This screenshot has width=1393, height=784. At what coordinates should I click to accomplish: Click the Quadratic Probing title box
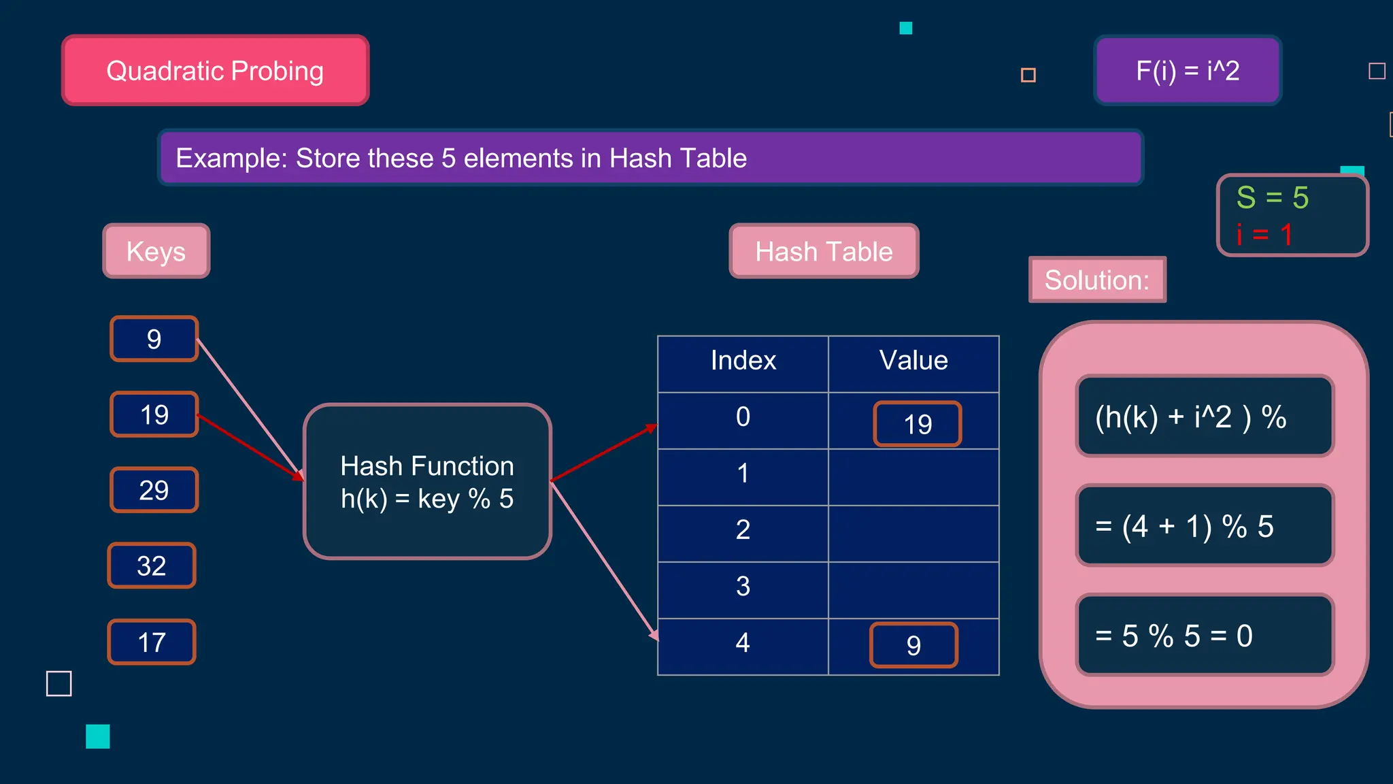215,71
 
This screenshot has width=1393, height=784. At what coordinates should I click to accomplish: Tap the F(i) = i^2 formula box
1188,71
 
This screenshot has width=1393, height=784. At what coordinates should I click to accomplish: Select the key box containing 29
154,490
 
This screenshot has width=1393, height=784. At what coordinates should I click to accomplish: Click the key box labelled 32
152,566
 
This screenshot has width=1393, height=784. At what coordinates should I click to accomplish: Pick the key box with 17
152,642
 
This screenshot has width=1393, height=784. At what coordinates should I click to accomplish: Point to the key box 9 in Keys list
154,339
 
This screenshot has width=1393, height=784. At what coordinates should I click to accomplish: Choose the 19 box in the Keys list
154,414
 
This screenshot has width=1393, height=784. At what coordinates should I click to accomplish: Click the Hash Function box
427,482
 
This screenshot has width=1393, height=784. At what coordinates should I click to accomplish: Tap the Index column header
743,361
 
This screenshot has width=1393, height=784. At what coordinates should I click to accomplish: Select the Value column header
913,361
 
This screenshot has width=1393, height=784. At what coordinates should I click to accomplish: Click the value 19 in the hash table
918,424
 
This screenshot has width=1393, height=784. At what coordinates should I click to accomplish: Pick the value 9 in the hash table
913,645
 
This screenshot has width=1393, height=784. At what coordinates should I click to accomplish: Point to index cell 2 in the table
743,530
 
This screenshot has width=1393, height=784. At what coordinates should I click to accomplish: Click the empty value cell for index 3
913,589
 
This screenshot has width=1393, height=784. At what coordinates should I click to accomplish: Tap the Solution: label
1097,280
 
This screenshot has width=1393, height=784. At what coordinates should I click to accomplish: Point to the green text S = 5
1272,198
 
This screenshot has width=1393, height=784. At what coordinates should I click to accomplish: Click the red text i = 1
1264,235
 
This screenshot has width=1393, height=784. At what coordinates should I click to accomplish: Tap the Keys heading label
156,251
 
